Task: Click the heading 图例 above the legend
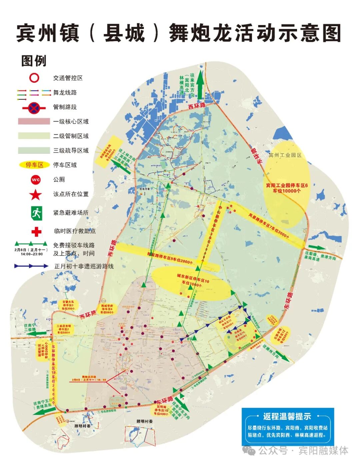click(34, 61)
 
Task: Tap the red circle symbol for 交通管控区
click(34, 78)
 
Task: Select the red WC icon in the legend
click(36, 179)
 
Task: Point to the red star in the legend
click(36, 194)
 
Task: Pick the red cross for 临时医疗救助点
click(36, 231)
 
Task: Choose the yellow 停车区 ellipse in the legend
click(35, 165)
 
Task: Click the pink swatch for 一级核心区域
click(34, 121)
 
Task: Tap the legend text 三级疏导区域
click(71, 150)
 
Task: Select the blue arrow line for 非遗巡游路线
click(31, 266)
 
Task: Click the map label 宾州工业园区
click(285, 155)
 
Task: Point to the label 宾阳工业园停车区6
click(287, 185)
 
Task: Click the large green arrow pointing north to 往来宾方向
click(200, 85)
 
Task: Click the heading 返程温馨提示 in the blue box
click(287, 416)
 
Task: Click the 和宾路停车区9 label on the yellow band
click(170, 260)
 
